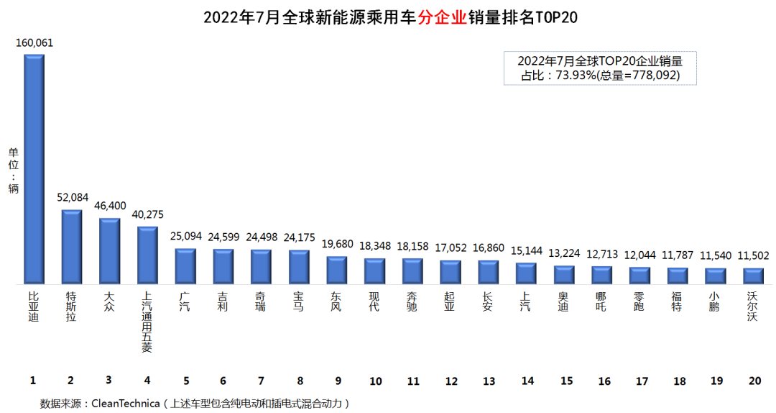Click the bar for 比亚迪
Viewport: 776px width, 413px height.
point(34,169)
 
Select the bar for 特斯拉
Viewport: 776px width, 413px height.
point(71,247)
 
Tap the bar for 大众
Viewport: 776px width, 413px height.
point(109,251)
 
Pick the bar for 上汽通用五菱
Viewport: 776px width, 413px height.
point(147,255)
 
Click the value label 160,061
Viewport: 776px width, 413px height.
point(34,43)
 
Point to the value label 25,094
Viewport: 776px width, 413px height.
point(185,236)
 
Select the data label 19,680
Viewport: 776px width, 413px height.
point(337,244)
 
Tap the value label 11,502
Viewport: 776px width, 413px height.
point(753,256)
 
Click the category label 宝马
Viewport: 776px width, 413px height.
point(299,302)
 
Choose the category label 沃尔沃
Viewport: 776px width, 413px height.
point(753,307)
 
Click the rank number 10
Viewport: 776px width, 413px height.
point(375,381)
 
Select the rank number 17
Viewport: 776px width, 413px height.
point(639,381)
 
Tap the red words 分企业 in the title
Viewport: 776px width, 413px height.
point(443,17)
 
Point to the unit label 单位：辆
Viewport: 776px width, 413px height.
point(13,171)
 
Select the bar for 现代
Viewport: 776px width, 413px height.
point(375,271)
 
